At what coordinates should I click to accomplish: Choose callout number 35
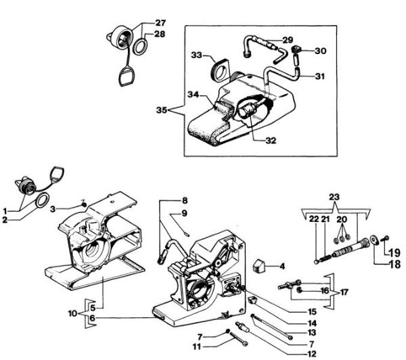161,109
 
